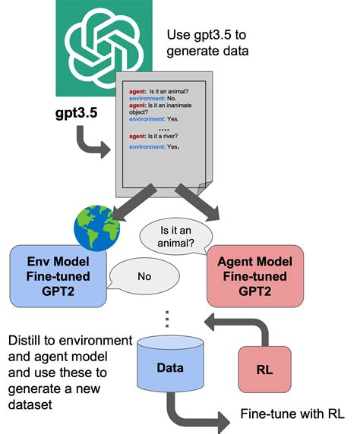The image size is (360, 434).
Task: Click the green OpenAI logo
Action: tap(100, 47)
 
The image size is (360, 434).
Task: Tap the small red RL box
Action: tap(264, 370)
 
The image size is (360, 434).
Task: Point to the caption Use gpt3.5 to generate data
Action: tap(218, 43)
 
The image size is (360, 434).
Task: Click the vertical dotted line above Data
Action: tap(166, 319)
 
